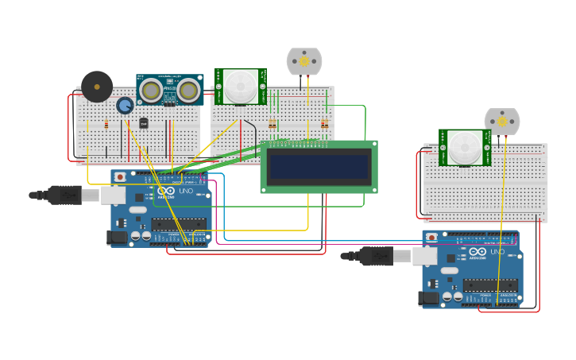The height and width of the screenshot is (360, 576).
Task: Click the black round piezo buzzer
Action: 97,87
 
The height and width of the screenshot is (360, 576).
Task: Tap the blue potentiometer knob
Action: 125,105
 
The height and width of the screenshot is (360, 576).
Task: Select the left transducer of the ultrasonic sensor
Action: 151,91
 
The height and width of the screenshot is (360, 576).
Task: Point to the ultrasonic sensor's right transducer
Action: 189,91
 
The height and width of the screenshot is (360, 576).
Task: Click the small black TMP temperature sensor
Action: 144,123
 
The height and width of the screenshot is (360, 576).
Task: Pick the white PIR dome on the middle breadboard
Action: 240,86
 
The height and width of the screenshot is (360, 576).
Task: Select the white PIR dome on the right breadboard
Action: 465,147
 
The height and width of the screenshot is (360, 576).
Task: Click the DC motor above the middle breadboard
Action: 304,61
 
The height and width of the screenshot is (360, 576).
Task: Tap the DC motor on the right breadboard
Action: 502,122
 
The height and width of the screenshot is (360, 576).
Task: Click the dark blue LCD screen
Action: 319,167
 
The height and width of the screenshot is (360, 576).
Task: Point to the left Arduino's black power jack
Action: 117,236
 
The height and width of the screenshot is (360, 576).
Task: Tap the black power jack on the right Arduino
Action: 428,297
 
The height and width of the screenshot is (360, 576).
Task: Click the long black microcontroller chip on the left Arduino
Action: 178,224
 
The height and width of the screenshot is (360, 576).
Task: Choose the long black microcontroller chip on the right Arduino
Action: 490,285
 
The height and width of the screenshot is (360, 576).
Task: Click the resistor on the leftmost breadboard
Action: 106,124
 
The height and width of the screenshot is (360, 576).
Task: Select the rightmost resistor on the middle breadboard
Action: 324,123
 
